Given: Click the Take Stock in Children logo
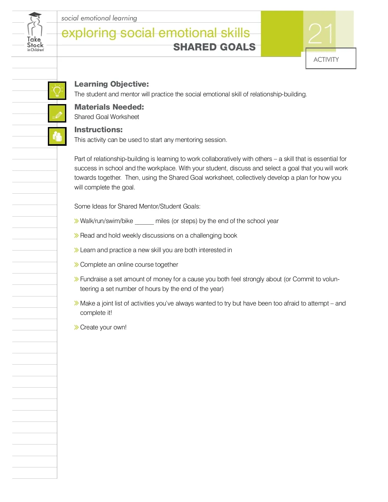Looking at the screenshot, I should click(35, 32).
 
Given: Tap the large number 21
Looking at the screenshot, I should click(320, 34).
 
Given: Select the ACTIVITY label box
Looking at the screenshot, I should click(330, 59).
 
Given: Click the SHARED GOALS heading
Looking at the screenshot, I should click(214, 47).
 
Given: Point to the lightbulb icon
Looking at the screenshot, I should click(57, 91).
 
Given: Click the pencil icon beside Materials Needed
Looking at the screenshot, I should click(57, 113).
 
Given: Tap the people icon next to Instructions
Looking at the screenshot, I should click(57, 136).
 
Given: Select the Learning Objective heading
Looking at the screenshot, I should click(112, 84).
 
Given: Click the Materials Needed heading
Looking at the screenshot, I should click(109, 107).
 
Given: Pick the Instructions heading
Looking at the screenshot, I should click(98, 130).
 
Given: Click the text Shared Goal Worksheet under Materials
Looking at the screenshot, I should click(107, 117).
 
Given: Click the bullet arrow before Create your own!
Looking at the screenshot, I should click(76, 327).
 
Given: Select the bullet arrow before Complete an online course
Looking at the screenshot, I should click(76, 265).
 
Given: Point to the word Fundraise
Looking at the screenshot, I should click(93, 279).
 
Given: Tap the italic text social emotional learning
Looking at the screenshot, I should click(99, 18).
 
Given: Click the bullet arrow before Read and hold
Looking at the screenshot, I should click(76, 236).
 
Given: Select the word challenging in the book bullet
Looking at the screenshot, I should click(205, 236).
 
